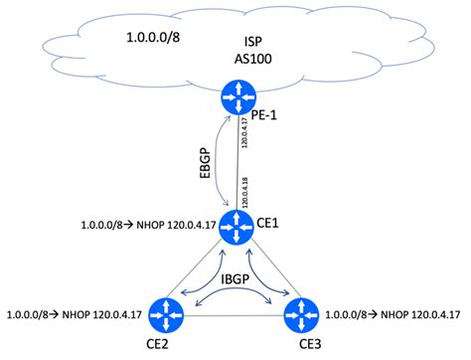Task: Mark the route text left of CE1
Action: pos(145,227)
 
